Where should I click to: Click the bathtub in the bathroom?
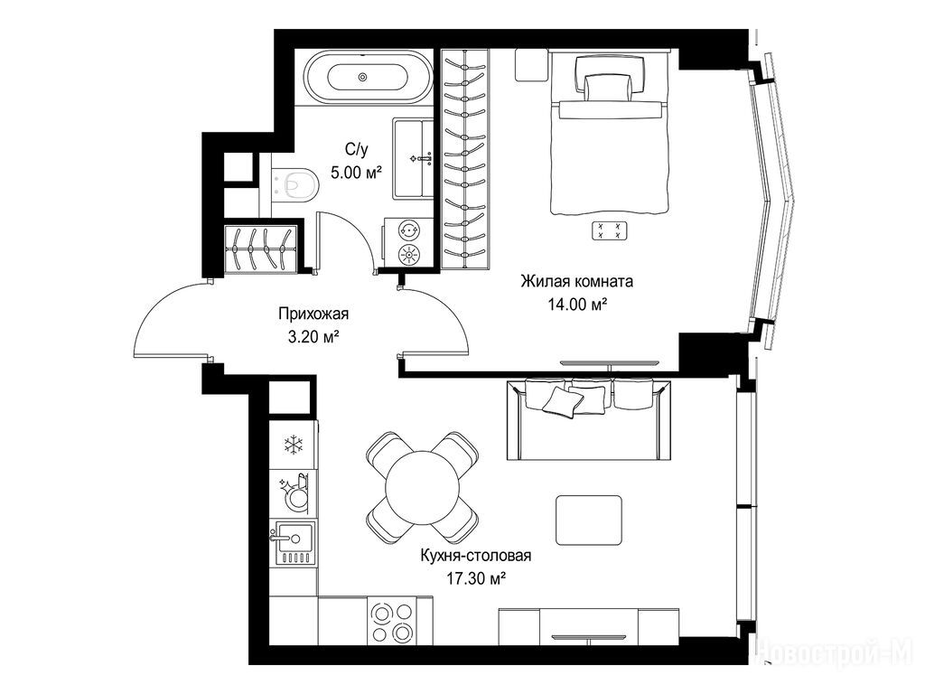click(361, 77)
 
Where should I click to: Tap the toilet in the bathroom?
click(296, 183)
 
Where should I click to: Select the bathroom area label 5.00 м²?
click(356, 173)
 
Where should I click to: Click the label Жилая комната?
click(576, 281)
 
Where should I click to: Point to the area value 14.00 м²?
click(577, 305)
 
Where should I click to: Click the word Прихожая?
click(313, 314)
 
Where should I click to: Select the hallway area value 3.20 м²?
click(313, 337)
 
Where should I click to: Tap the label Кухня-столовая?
click(475, 556)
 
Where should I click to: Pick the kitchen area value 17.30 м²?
click(475, 579)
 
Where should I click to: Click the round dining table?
click(422, 487)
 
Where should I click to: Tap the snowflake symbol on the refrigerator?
click(293, 445)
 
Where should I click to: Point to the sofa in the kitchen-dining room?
click(588, 419)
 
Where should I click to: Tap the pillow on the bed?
click(608, 87)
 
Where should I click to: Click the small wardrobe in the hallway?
click(260, 249)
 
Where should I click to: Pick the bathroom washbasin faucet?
click(423, 158)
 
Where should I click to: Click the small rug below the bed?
click(610, 230)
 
